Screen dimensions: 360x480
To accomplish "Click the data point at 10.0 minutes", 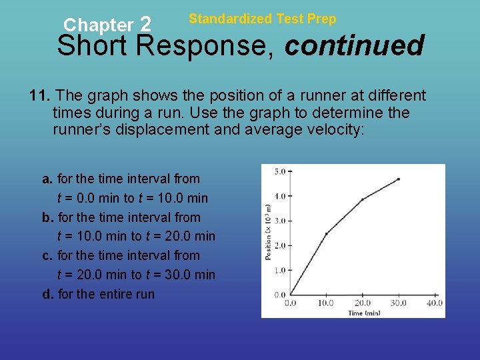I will click(x=326, y=233).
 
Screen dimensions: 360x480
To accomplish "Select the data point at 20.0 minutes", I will click(x=362, y=199).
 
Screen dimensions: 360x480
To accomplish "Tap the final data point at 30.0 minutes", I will click(x=398, y=179).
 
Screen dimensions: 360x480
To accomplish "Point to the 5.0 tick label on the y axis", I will click(x=279, y=171).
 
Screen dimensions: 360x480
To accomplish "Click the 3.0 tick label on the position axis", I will click(x=279, y=221).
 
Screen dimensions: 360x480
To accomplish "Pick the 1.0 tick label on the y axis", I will click(x=279, y=270).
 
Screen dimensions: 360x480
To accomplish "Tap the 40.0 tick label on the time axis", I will click(x=434, y=303).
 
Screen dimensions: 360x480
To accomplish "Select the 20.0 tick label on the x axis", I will click(x=362, y=303).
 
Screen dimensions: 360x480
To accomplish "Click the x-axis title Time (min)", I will click(x=364, y=313).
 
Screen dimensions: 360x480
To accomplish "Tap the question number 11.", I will click(x=38, y=95).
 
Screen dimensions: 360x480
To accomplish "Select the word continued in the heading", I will click(x=354, y=46).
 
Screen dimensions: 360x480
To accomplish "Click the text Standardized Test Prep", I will click(x=263, y=19).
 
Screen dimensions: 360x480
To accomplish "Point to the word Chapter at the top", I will click(x=98, y=25).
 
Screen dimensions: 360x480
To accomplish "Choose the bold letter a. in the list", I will click(x=47, y=179).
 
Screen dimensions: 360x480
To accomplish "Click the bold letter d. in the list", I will click(x=48, y=294).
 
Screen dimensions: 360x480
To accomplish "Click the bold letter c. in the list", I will click(x=47, y=255).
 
